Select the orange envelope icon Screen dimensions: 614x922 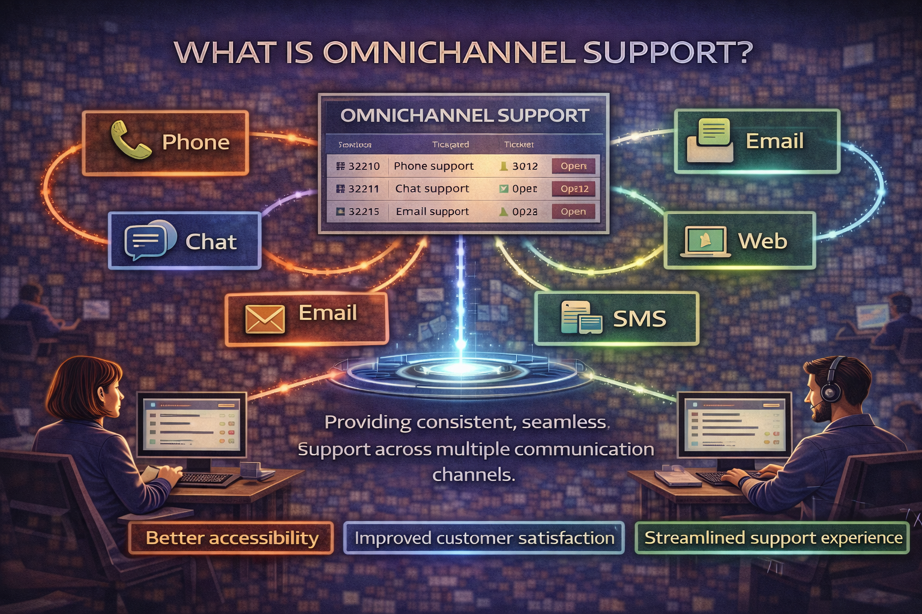click(265, 318)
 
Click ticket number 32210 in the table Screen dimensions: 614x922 click(364, 166)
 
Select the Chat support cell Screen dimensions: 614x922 click(432, 189)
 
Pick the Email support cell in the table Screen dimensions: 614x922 click(432, 212)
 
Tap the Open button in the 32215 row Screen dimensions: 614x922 click(573, 212)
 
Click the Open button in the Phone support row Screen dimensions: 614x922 click(573, 166)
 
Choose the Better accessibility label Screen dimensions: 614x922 click(232, 538)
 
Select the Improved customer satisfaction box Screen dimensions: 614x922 click(484, 538)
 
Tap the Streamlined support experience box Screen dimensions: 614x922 click(773, 538)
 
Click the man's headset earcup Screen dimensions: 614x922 click(831, 391)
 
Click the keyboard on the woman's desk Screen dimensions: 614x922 click(204, 479)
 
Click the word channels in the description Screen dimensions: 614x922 click(474, 475)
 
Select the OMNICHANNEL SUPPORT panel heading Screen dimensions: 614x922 click(465, 115)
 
